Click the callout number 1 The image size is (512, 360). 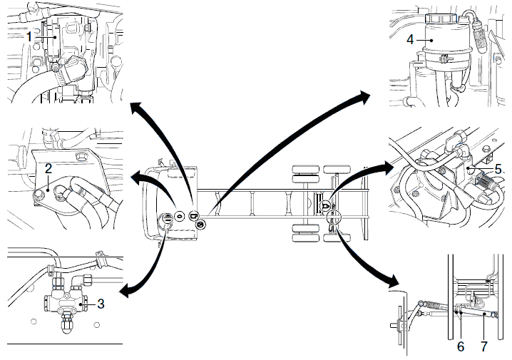click(29, 34)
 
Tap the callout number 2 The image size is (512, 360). click(48, 169)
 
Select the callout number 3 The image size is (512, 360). click(101, 304)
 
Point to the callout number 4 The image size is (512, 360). click(410, 40)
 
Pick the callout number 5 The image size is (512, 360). click(498, 169)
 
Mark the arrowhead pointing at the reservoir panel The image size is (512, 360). click(365, 93)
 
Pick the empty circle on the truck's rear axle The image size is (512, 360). click(332, 220)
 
